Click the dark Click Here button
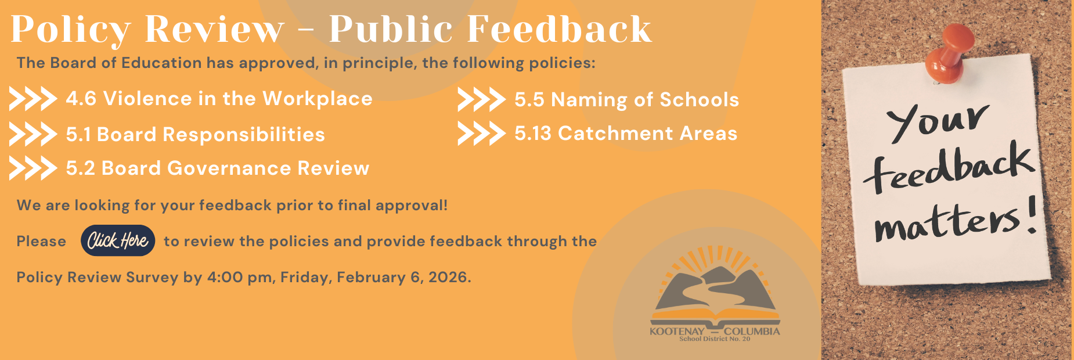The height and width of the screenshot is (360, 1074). coord(118,240)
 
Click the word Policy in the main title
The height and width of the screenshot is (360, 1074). coord(70,30)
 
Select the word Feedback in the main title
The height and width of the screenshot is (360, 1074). coord(560,28)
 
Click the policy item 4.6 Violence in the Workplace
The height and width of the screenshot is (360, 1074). coord(219,99)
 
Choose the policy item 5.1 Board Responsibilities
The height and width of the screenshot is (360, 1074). coord(195,134)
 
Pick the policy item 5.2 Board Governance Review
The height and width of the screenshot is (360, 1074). coord(218,168)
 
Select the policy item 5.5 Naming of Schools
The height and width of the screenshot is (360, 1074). coord(626,100)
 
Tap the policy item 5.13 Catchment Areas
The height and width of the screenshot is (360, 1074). coord(626,134)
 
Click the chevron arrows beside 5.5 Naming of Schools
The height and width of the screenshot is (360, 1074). coord(481,99)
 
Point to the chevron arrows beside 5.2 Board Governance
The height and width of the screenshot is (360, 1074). coord(33,168)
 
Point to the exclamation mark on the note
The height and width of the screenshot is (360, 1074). coord(1030,215)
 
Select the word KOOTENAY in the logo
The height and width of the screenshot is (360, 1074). coord(677,332)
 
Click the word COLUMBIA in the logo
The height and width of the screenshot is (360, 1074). coord(752,332)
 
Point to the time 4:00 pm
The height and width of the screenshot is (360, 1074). coord(239,278)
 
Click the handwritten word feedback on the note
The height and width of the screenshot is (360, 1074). coord(949,168)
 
